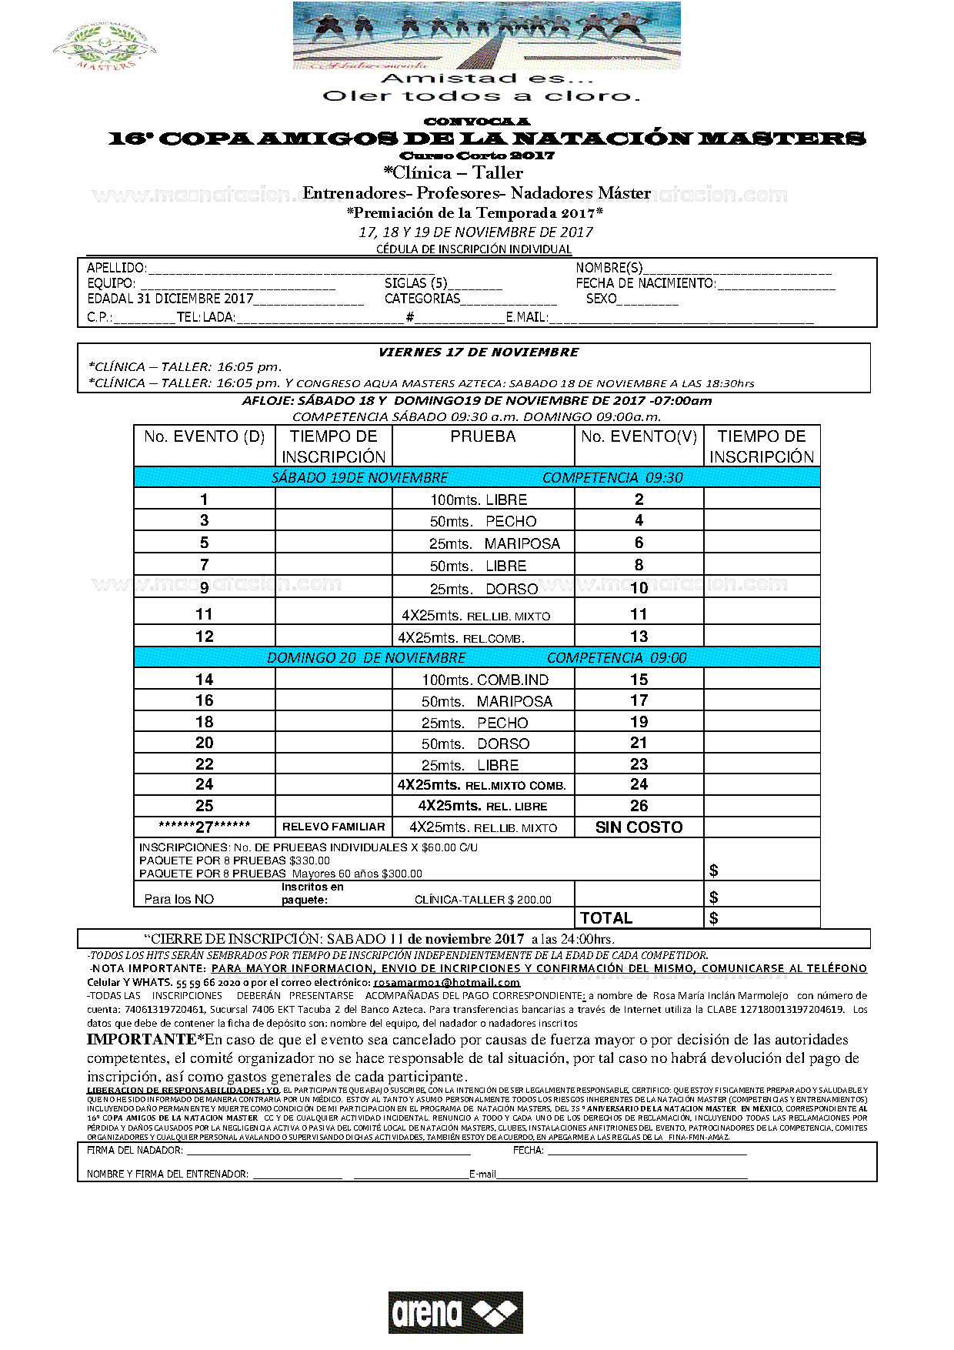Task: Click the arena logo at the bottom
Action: click(455, 1312)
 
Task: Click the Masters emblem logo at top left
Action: click(105, 48)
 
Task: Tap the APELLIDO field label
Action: click(116, 268)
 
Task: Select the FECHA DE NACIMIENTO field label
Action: click(645, 283)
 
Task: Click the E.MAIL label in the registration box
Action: click(527, 317)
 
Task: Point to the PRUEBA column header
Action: click(483, 436)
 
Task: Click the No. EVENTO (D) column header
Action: click(204, 436)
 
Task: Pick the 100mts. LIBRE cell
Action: click(479, 500)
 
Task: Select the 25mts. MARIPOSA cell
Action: click(495, 543)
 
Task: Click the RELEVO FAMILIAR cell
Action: click(333, 827)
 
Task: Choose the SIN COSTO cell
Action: click(639, 827)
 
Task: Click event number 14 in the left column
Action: click(204, 680)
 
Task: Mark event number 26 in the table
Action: click(639, 806)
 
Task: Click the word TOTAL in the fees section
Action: click(606, 918)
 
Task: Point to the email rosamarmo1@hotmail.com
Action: click(447, 982)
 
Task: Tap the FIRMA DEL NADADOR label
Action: click(135, 1150)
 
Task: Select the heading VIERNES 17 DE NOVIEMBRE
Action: click(479, 353)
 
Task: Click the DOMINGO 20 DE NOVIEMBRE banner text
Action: click(366, 658)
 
